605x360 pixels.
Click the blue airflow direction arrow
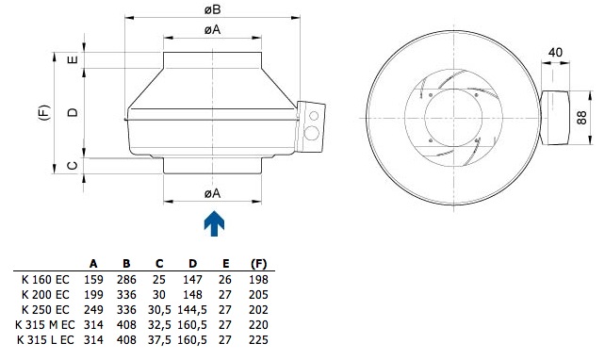[x=214, y=223]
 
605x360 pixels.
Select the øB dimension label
[x=213, y=9]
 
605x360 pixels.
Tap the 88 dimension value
[x=581, y=117]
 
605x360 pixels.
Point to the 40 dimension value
[x=555, y=52]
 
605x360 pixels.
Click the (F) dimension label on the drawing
[x=44, y=112]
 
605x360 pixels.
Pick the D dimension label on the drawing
[x=73, y=112]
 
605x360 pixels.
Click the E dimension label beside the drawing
[x=73, y=59]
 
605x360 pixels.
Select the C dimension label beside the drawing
[x=73, y=166]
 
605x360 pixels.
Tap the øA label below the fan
[x=213, y=193]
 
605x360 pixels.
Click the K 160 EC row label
[x=45, y=279]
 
